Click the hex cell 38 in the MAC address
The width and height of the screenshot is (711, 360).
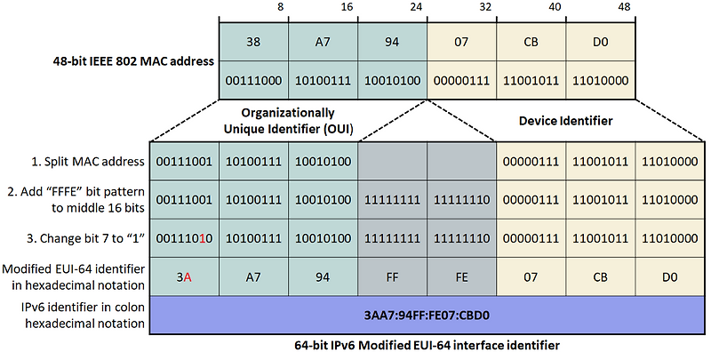[x=253, y=41]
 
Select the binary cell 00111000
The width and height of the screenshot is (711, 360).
[x=253, y=80]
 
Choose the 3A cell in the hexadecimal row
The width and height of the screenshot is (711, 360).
[x=185, y=276]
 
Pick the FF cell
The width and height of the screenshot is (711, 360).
[x=392, y=276]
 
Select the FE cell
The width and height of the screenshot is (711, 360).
[x=460, y=276]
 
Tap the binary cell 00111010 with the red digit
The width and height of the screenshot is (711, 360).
[x=185, y=238]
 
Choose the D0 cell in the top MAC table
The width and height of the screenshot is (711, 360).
[x=600, y=41]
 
